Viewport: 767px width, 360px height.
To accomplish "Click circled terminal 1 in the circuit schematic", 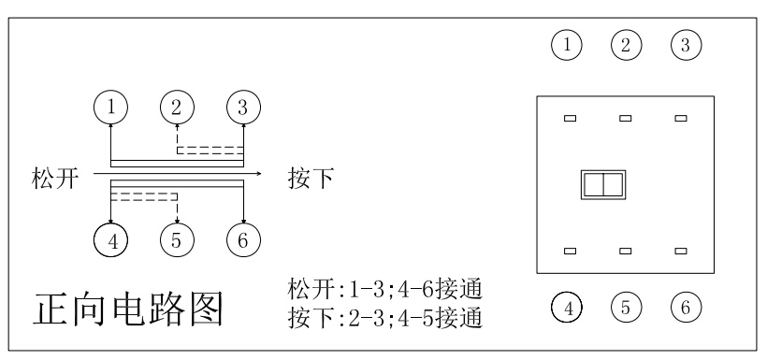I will [x=111, y=107].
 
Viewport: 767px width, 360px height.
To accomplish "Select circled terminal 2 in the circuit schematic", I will [x=177, y=107].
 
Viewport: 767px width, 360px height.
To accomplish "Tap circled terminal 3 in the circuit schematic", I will [x=243, y=107].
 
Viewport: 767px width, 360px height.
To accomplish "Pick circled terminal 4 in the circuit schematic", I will [x=111, y=239].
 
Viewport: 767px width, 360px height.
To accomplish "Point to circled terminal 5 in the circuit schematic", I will [x=177, y=239].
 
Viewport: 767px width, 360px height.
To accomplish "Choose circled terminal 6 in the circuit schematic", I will [x=243, y=239].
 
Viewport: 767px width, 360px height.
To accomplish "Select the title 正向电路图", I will [x=129, y=308].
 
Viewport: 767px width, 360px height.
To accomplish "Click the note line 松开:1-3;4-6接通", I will [x=385, y=287].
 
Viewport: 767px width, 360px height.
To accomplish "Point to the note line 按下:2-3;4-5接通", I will [x=385, y=318].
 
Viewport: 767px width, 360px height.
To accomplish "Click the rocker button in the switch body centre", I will [x=601, y=184].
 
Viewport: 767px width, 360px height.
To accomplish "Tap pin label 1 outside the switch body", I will [x=566, y=43].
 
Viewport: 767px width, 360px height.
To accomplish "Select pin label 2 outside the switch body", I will [x=626, y=43].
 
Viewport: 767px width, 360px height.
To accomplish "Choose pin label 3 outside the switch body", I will [x=686, y=43].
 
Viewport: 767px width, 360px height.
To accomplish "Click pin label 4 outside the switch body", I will [x=566, y=306].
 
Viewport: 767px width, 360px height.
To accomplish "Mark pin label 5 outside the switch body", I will [x=626, y=306].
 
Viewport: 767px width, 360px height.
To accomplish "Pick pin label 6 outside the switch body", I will [x=686, y=306].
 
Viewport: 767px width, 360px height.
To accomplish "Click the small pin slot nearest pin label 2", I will [x=626, y=118].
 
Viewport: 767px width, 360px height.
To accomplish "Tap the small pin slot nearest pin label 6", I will [x=681, y=251].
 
